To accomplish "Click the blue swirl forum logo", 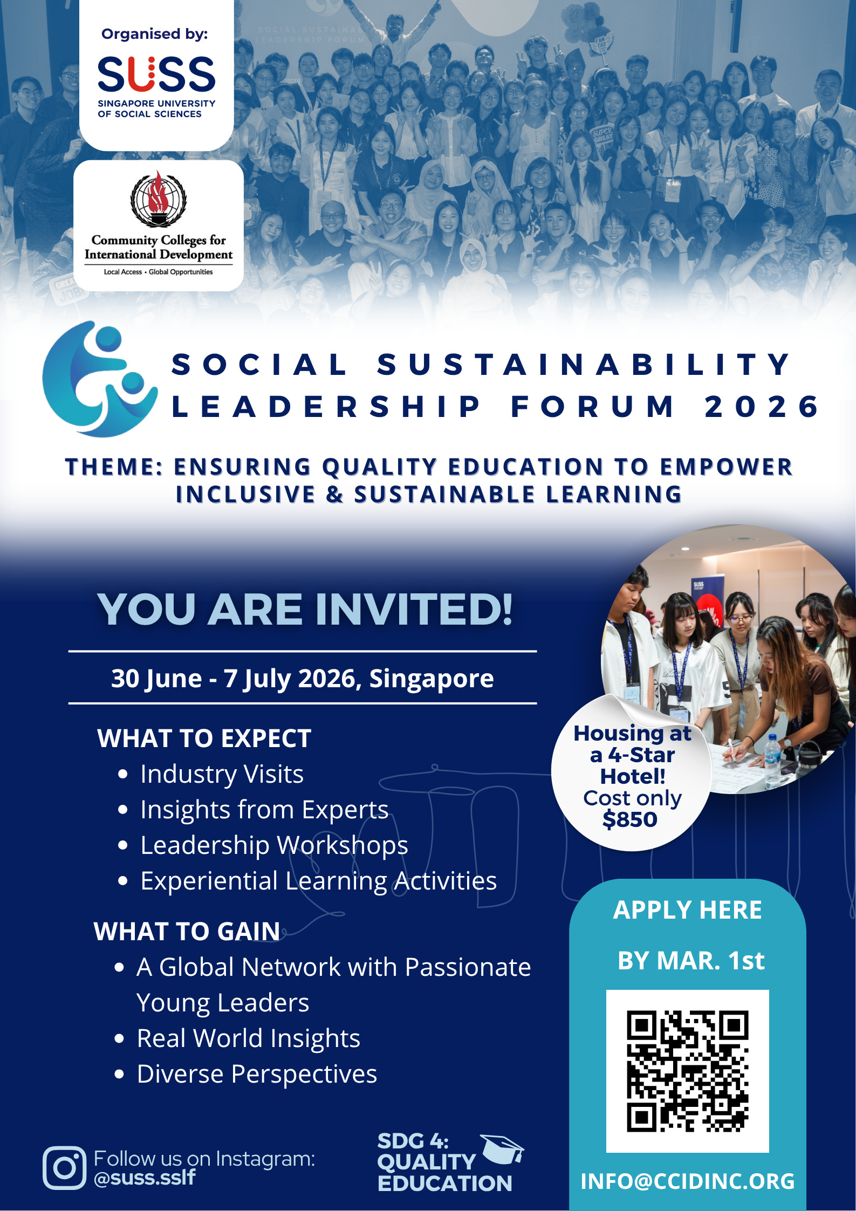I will (x=100, y=379).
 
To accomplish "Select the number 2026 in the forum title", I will (x=762, y=407).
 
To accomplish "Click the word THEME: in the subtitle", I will (x=114, y=467).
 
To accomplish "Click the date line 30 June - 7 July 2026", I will (x=302, y=678).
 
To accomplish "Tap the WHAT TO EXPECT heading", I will (x=204, y=738).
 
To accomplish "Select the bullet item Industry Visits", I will (x=222, y=774).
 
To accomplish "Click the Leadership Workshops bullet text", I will (x=274, y=845).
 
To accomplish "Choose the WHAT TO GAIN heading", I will (x=187, y=932).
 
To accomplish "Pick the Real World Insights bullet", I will (x=248, y=1038).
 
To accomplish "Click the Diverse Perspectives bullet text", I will (x=257, y=1074).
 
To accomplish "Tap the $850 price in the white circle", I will (x=630, y=819).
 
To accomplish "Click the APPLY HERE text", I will (x=687, y=910).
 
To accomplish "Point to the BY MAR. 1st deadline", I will (x=690, y=961).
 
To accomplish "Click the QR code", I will (x=687, y=1071).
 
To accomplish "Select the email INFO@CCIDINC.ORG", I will (x=687, y=1181).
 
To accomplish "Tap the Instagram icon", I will (x=65, y=1168).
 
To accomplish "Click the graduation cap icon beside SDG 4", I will (x=502, y=1148).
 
